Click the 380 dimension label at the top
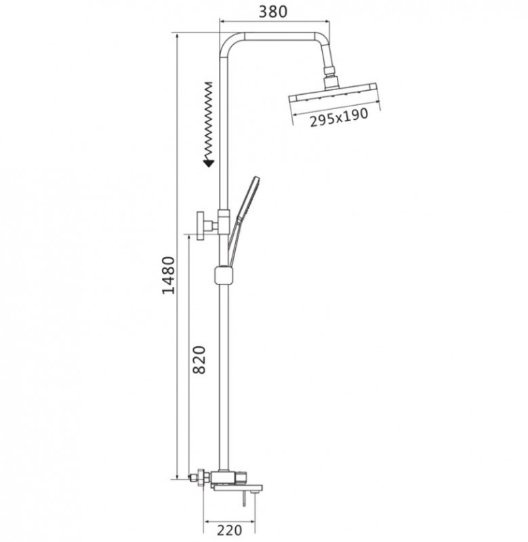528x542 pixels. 273,12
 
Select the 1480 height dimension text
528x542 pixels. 169,275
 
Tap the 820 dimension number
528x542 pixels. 199,360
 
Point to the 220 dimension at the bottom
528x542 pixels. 230,530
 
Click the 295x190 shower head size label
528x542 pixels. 338,117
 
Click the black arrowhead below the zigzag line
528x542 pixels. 209,163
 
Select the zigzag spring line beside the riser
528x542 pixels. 209,121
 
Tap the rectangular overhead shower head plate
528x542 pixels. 333,92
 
